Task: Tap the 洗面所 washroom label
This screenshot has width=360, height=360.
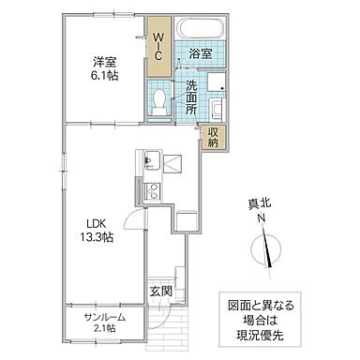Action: point(190,97)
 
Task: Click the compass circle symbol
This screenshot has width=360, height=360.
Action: point(267,250)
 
